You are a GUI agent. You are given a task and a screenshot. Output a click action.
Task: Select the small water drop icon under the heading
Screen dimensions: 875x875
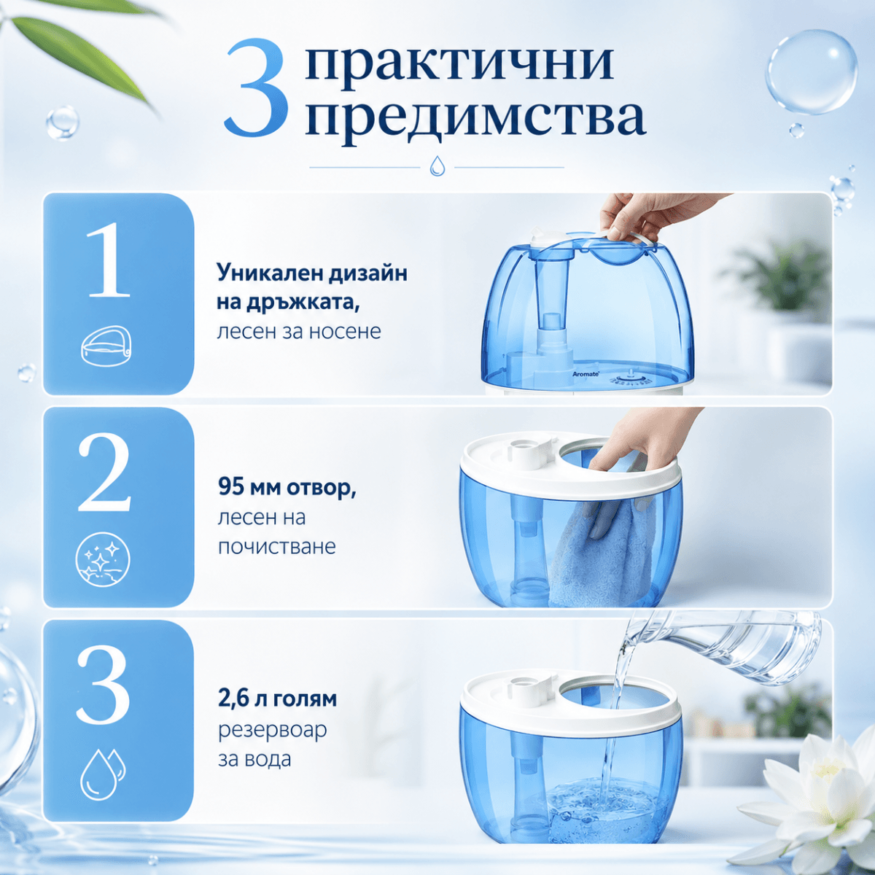click(x=437, y=166)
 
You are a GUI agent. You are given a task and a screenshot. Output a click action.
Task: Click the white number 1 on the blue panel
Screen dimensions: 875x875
click(x=109, y=260)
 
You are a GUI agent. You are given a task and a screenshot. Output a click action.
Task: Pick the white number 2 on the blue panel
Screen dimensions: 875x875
click(x=105, y=472)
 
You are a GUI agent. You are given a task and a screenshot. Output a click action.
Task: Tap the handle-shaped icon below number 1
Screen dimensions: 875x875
click(x=106, y=346)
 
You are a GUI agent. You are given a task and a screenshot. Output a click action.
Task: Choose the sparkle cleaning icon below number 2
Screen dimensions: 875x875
click(x=103, y=559)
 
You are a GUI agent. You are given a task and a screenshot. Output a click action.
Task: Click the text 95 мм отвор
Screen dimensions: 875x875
click(x=287, y=487)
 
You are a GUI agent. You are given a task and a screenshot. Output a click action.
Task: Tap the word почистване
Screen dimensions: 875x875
click(x=277, y=547)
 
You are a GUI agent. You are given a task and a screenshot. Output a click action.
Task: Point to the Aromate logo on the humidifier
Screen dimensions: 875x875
click(x=586, y=374)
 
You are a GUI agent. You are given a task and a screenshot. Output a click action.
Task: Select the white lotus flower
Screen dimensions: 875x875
click(x=817, y=790)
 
